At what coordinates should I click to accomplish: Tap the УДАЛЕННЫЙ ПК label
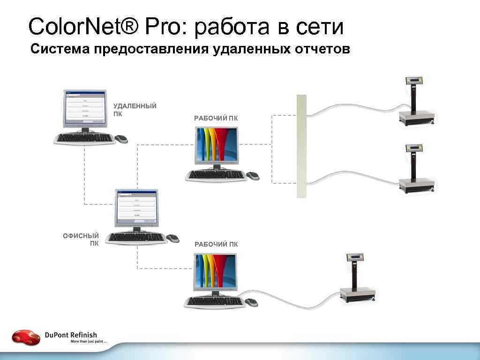coord(135,110)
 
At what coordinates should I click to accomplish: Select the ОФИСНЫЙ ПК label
coord(81,240)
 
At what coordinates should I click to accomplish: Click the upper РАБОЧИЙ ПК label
coord(216,119)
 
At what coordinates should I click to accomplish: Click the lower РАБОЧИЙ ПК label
coord(216,244)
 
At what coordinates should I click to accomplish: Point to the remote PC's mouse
coord(121,139)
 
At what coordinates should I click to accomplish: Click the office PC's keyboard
coord(136,238)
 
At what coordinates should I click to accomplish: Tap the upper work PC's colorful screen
coord(217,145)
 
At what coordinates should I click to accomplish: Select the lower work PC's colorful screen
coord(216,271)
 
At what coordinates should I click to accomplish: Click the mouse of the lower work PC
coord(252,302)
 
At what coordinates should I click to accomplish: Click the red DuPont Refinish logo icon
coord(26,337)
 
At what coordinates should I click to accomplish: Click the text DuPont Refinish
coord(71,335)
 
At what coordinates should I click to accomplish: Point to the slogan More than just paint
coord(89,342)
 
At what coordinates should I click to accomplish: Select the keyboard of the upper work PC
coord(217,175)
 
